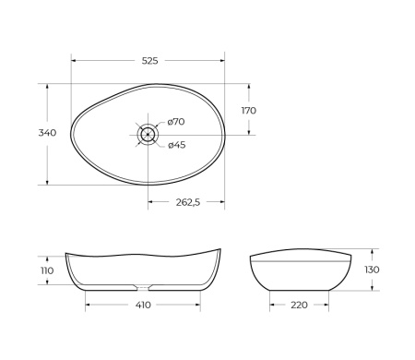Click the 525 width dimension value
[150, 61]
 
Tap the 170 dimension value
[249, 110]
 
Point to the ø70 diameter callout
[177, 122]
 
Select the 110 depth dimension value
[47, 270]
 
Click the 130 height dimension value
[372, 269]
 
